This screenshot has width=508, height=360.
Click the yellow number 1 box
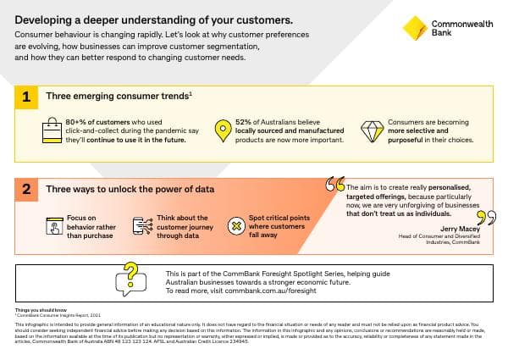pyautogui.click(x=25, y=97)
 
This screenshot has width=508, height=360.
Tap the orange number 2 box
pyautogui.click(x=25, y=190)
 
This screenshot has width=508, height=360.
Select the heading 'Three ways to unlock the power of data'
pyautogui.click(x=129, y=190)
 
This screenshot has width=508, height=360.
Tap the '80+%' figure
pyautogui.click(x=79, y=122)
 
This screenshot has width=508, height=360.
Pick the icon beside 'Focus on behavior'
pyautogui.click(x=52, y=226)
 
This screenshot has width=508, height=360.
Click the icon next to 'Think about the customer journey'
pyautogui.click(x=142, y=226)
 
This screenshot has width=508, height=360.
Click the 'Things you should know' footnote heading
pyautogui.click(x=36, y=311)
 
